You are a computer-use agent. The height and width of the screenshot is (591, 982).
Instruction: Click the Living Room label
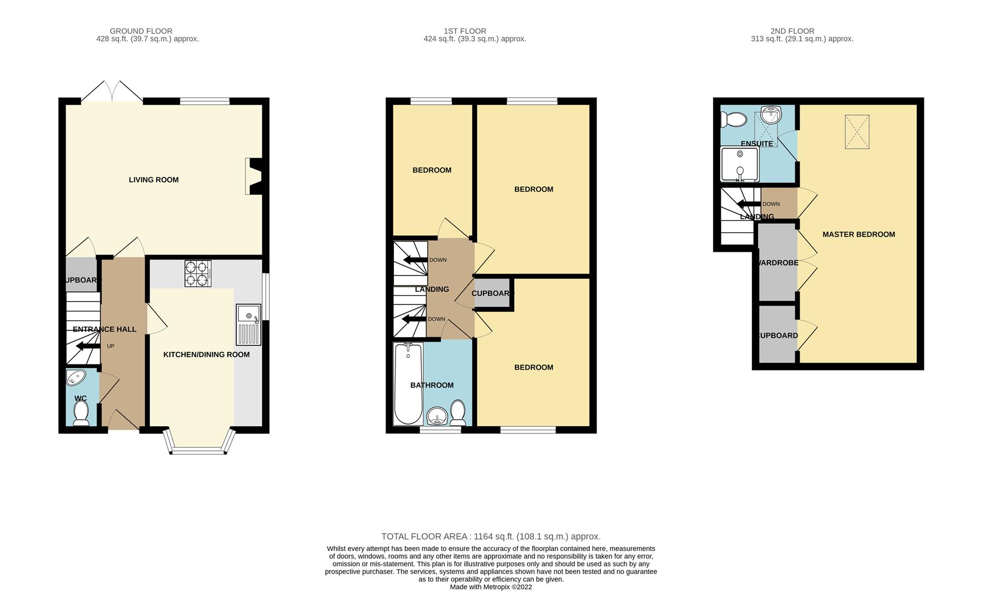coord(153,179)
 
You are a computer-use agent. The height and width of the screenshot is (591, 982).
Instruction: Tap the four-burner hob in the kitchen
coord(198,274)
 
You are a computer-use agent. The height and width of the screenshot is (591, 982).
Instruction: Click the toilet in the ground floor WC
coord(81,413)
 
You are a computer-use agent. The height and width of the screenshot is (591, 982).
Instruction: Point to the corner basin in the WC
coord(76,378)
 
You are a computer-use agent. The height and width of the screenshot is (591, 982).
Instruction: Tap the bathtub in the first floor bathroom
coord(408,384)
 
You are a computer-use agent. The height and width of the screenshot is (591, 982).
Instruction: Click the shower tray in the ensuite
coord(739,164)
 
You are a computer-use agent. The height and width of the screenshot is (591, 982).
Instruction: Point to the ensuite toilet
coord(733,119)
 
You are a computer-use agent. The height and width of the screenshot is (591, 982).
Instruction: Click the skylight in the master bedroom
coord(857,131)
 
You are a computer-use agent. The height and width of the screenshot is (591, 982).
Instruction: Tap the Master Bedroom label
coord(859,234)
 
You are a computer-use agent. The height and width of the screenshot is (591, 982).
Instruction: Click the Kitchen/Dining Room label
coord(206,355)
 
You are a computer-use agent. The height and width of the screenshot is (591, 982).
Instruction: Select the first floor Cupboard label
coord(492,293)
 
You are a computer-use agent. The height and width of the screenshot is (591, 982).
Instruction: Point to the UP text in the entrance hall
coord(111,346)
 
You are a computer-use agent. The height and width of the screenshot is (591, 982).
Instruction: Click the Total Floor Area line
coord(491,536)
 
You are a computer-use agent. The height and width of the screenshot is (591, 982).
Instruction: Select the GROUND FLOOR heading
coord(141,31)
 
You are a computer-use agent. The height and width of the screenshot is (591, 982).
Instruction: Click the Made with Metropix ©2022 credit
coord(491,587)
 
